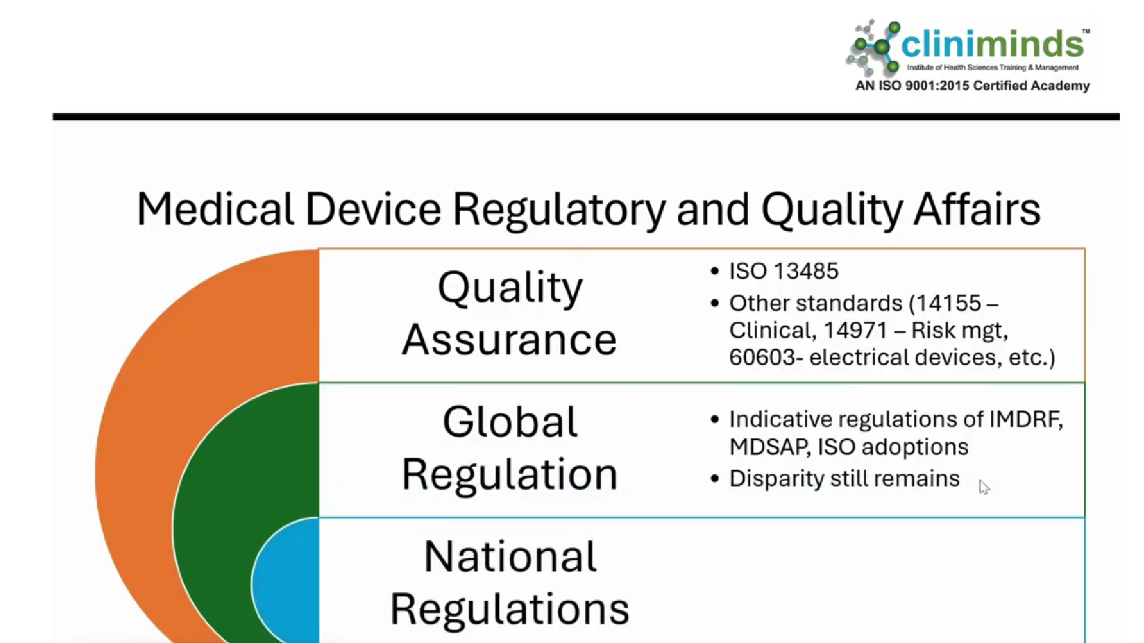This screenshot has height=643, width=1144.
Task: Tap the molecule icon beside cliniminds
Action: (873, 46)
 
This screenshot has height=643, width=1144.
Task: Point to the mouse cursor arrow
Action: (984, 487)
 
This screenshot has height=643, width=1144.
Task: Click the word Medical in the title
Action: (215, 209)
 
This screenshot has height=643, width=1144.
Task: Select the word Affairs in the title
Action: (977, 209)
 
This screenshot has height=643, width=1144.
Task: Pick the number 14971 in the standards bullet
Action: (855, 330)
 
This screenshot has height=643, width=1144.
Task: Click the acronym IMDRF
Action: (1025, 420)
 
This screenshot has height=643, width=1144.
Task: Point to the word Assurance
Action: (510, 340)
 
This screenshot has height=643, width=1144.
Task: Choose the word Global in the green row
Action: (510, 422)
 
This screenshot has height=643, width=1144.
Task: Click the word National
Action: (510, 557)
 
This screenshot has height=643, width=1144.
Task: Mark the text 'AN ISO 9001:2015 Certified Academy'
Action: (972, 86)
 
